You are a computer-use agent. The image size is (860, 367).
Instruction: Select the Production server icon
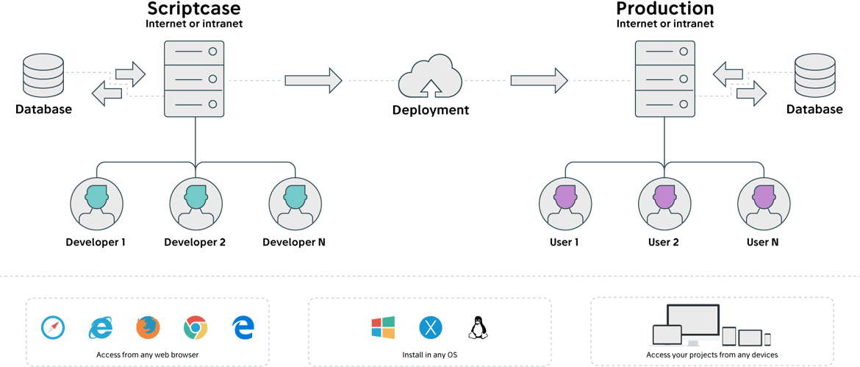point(665,77)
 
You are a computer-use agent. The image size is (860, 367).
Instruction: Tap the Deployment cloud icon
point(430,76)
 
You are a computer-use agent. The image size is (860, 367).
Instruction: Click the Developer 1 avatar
point(96,203)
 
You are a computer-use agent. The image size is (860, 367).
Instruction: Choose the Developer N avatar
point(294,203)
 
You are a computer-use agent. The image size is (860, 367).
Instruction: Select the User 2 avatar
point(664,203)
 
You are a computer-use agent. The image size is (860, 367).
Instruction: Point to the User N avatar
point(763,203)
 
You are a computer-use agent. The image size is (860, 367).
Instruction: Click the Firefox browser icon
point(148,327)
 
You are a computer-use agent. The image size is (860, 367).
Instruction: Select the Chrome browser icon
point(196,327)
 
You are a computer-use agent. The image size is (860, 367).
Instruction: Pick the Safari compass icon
point(53,327)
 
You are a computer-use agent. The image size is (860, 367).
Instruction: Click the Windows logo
point(383,327)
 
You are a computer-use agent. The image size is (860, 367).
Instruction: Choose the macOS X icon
point(430,327)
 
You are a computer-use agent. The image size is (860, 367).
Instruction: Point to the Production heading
point(665,9)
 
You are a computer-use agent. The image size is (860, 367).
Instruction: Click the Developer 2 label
point(195,242)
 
